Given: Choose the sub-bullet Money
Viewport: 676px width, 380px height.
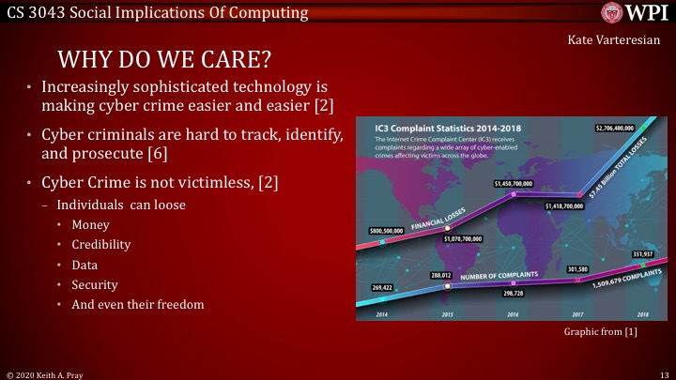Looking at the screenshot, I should pos(101,224).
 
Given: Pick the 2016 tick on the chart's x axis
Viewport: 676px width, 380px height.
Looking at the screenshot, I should pos(513,313).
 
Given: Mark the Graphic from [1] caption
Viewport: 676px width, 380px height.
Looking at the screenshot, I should pos(600,333).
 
